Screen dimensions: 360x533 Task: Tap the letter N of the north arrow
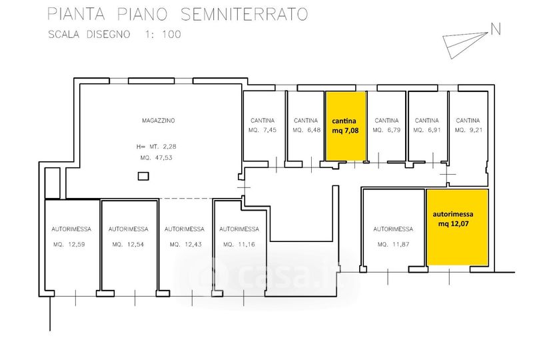495,29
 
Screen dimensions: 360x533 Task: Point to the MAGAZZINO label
159,121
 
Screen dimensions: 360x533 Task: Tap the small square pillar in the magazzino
143,176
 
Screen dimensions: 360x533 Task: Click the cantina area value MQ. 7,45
263,131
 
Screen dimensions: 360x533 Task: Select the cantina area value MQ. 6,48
306,131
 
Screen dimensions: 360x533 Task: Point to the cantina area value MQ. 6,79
386,131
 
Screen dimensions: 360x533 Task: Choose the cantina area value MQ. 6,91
427,131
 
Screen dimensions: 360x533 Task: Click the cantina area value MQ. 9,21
468,131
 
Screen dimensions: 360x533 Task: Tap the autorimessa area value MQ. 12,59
71,244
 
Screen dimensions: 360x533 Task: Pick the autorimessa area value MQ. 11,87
392,244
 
